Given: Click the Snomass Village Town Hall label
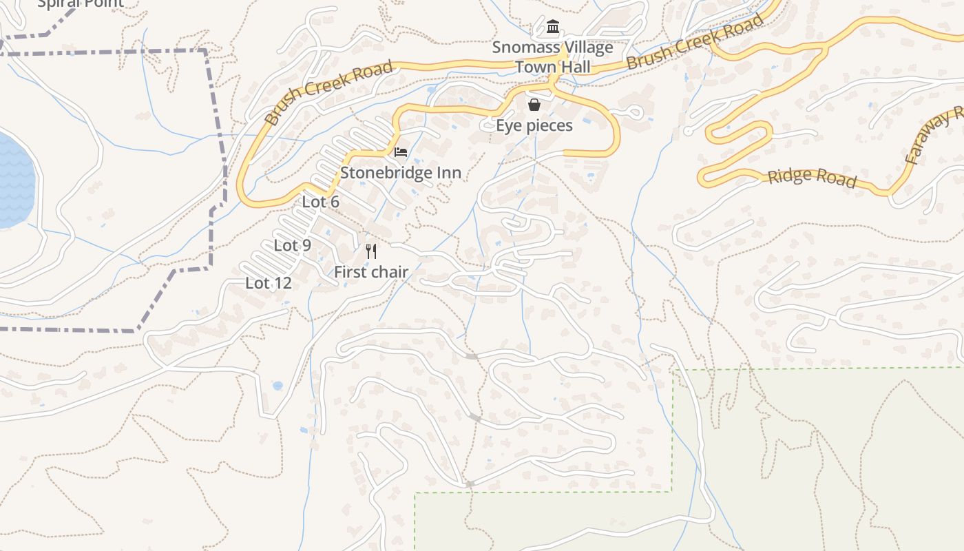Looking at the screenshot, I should click(x=553, y=57).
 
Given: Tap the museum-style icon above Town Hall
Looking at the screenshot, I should click(x=552, y=27).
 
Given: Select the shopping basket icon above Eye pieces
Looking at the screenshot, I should click(x=534, y=105).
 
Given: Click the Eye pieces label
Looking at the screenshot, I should click(x=534, y=125).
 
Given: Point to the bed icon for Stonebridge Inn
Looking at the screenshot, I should click(x=401, y=152).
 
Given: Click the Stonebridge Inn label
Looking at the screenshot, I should click(x=401, y=172).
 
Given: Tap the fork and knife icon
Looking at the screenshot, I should click(x=371, y=251).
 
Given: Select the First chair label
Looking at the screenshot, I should click(x=371, y=272).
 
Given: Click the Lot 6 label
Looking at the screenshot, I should click(x=321, y=202).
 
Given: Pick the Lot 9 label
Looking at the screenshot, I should click(x=293, y=245).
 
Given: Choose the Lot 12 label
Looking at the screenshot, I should click(x=269, y=283).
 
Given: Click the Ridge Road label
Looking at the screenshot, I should click(x=812, y=177).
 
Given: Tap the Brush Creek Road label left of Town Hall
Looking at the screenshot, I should click(x=328, y=92).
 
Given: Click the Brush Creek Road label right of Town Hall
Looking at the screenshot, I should click(x=695, y=42).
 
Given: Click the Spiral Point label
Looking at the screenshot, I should click(x=81, y=3).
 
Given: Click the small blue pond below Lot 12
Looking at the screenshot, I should click(x=277, y=386).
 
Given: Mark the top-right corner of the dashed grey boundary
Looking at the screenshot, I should click(x=205, y=50).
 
